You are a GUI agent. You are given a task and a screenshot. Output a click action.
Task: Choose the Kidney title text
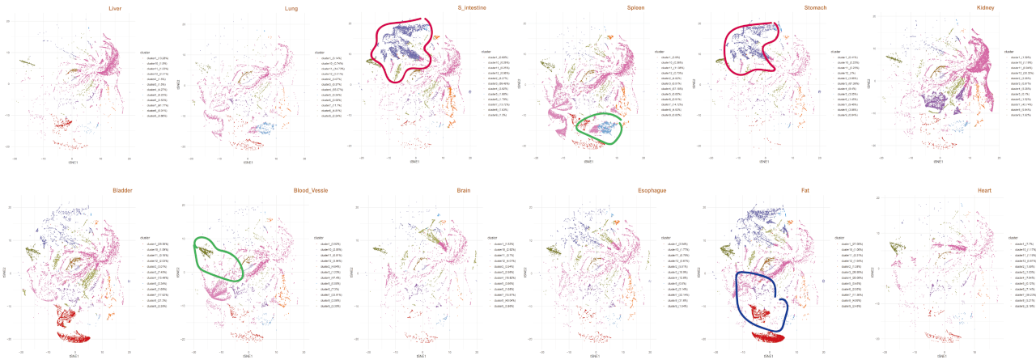[940, 9]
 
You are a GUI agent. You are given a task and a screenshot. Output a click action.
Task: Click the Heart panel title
[941, 192]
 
